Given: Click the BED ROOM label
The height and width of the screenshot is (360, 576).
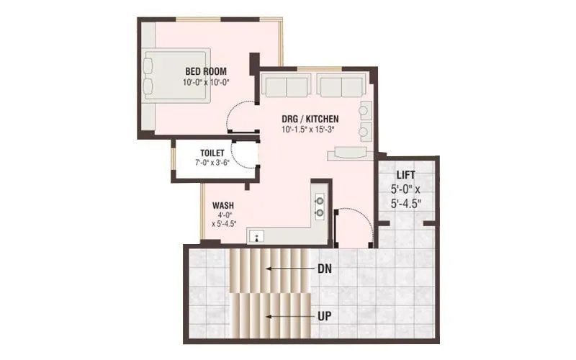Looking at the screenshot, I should click(206, 71).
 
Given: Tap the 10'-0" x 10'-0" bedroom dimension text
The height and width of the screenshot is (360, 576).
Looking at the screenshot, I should click(206, 82).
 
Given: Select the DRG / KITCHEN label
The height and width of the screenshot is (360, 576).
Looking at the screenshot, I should click(310, 119).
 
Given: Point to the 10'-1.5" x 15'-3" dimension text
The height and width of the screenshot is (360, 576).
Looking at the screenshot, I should click(310, 130).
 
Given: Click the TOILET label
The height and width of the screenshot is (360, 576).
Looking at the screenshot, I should click(212, 153).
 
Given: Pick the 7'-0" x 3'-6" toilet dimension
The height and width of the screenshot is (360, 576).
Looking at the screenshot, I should click(211, 163).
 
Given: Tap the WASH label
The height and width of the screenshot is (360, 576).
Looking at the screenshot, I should click(222, 204).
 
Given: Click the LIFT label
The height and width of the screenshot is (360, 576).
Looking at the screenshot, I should click(405, 175).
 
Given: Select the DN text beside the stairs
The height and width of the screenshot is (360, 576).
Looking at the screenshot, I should click(324, 269).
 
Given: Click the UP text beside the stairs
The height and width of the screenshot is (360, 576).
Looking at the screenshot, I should click(324, 316).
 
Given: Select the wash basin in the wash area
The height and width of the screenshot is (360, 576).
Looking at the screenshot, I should click(256, 235).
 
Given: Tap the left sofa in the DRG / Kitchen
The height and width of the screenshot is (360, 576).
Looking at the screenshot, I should click(286, 86).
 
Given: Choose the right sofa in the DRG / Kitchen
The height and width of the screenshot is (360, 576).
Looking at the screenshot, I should click(340, 86).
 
